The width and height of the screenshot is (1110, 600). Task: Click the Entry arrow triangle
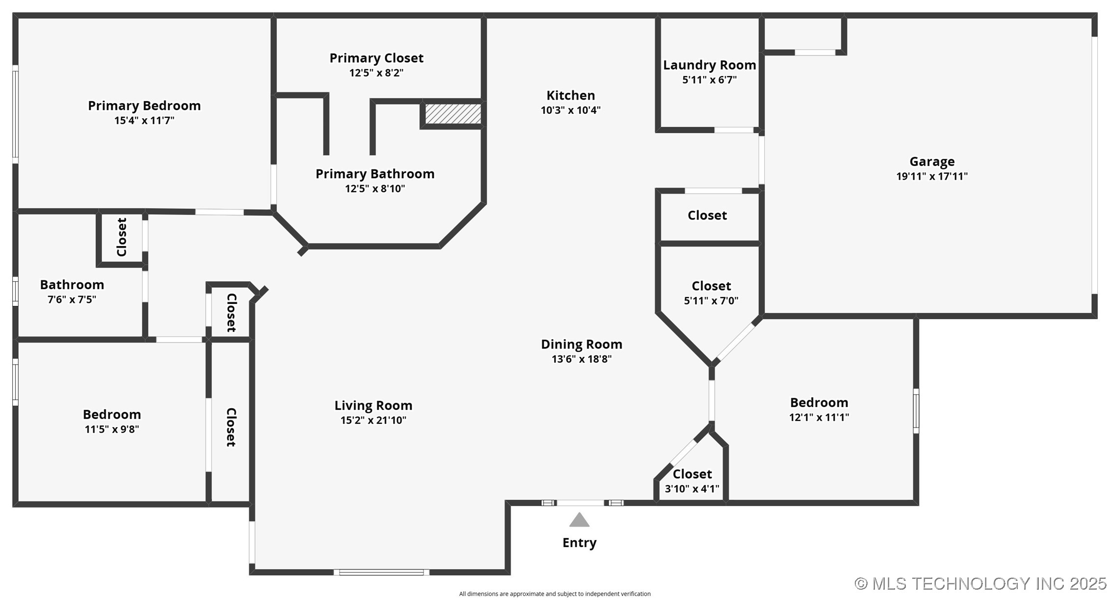pyautogui.click(x=579, y=520)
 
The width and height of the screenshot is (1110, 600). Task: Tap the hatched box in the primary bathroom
pyautogui.click(x=452, y=113)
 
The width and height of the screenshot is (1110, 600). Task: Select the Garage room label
pyautogui.click(x=931, y=162)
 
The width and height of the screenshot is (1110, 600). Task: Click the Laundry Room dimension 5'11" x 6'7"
pyautogui.click(x=709, y=80)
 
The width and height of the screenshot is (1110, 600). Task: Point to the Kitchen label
pyautogui.click(x=570, y=95)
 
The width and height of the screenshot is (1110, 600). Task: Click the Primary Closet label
pyautogui.click(x=376, y=58)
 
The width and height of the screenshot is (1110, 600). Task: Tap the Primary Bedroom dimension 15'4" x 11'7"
pyautogui.click(x=144, y=121)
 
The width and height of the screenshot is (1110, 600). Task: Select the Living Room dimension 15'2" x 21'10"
pyautogui.click(x=373, y=420)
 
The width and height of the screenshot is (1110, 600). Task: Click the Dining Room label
pyautogui.click(x=581, y=344)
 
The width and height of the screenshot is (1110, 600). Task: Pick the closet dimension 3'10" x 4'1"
pyautogui.click(x=691, y=489)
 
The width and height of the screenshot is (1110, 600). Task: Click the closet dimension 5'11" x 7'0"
pyautogui.click(x=711, y=301)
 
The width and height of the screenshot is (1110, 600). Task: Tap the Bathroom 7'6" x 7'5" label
pyautogui.click(x=72, y=285)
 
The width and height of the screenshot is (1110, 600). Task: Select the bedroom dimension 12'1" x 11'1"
pyautogui.click(x=819, y=417)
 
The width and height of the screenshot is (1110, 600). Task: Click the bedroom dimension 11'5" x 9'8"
pyautogui.click(x=111, y=429)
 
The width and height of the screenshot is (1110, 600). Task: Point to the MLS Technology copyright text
pyautogui.click(x=980, y=583)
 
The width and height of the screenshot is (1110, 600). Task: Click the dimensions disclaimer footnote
pyautogui.click(x=555, y=594)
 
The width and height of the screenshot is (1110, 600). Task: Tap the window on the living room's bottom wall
pyautogui.click(x=381, y=572)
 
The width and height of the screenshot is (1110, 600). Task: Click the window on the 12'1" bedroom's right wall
pyautogui.click(x=915, y=411)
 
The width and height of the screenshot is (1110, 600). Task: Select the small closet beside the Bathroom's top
pyautogui.click(x=121, y=237)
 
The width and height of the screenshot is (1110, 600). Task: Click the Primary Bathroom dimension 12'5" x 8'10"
pyautogui.click(x=374, y=189)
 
